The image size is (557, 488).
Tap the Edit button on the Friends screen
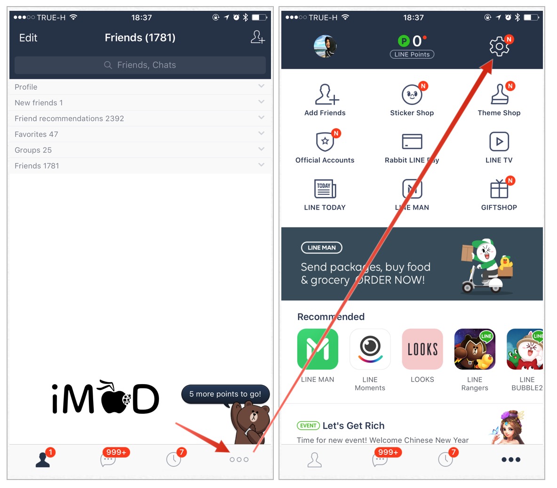pos(28,38)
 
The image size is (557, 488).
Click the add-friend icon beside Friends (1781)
pos(257,37)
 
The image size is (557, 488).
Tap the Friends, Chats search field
pos(140,65)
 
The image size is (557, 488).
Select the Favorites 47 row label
pos(36,134)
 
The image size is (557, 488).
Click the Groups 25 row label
pos(33,150)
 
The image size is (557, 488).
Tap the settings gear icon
pos(499,46)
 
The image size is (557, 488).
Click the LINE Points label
pos(412,55)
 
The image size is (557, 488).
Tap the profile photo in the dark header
pos(325,46)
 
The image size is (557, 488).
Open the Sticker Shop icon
pos(412,94)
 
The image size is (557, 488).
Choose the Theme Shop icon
pos(500,94)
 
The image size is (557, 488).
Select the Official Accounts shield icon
pos(325,141)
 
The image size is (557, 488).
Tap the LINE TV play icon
pos(499,141)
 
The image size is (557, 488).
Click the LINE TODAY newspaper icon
pos(325,189)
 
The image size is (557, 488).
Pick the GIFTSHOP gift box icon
pos(499,189)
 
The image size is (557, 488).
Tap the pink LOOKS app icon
pos(422,349)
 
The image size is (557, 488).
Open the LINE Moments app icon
pos(370,349)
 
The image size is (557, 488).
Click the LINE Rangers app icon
pos(475,349)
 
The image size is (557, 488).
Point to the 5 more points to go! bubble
pos(225,394)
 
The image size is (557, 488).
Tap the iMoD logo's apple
pos(114,398)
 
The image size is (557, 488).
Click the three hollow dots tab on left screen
pos(239,460)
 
